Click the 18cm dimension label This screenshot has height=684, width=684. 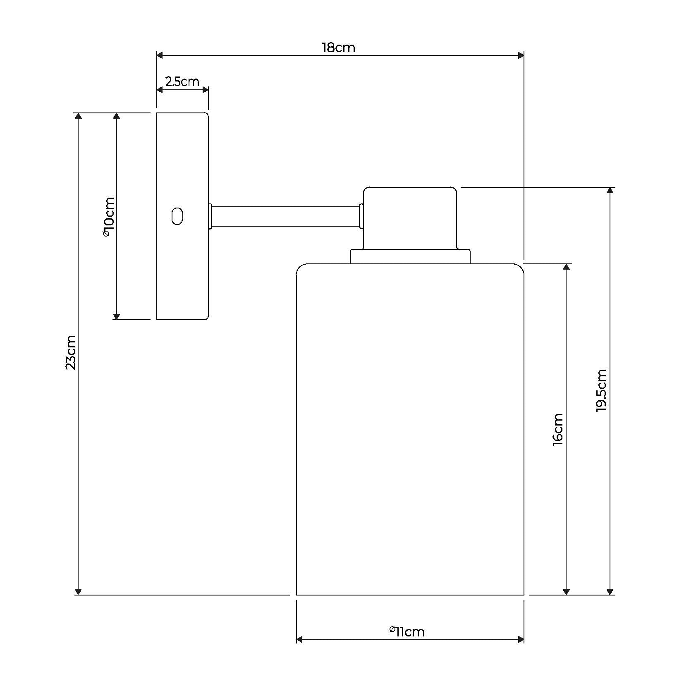(338, 48)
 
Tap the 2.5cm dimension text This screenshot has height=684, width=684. (182, 81)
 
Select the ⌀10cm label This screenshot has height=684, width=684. (108, 217)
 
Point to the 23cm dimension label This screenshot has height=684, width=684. (71, 352)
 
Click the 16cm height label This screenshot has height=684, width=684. (558, 429)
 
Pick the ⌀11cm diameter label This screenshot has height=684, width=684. (407, 631)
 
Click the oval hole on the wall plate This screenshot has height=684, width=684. (177, 216)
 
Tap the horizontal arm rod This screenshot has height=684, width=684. (285, 216)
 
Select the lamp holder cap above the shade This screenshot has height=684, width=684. (410, 218)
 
